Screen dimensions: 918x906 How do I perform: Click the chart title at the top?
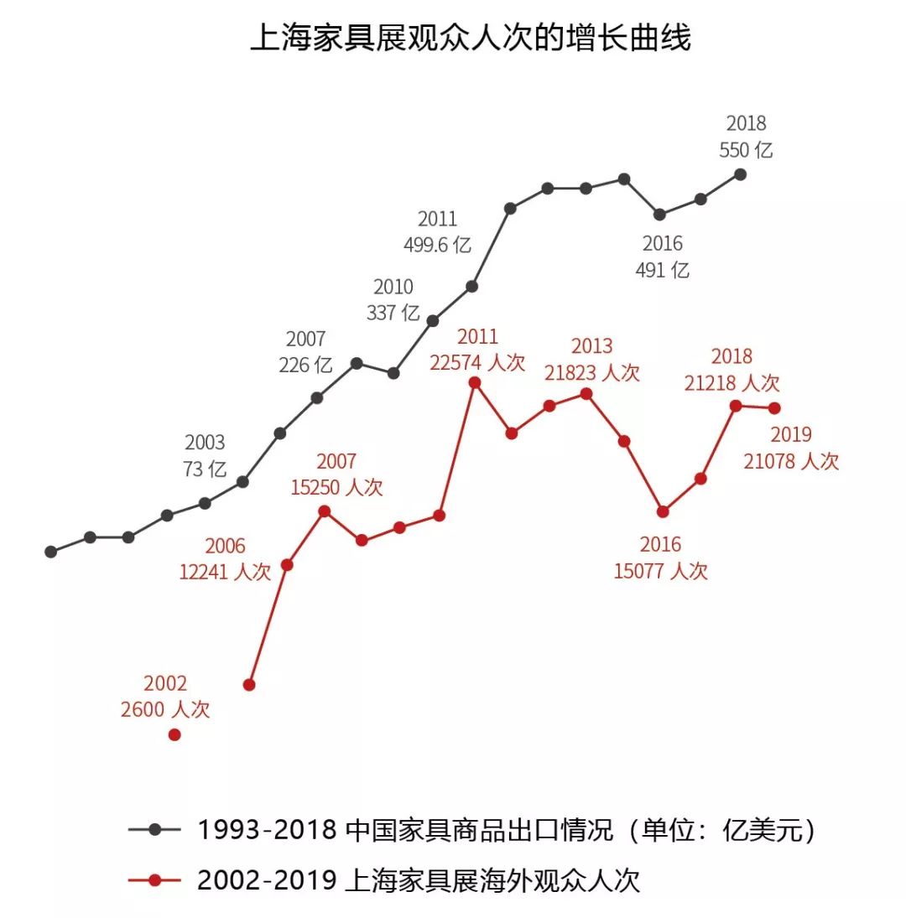(471, 39)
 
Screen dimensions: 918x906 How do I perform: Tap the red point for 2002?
(174, 734)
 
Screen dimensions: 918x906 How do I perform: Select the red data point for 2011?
(475, 382)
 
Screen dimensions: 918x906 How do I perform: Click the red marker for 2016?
(663, 511)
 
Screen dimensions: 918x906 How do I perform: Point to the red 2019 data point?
(774, 408)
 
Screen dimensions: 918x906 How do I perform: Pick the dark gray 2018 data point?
(740, 174)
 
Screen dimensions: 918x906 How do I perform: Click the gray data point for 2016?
(660, 215)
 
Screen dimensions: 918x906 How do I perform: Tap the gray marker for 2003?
(242, 481)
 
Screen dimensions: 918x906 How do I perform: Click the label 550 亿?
(746, 151)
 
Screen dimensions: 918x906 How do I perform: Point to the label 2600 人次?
(165, 710)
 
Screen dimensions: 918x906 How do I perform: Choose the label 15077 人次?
(661, 571)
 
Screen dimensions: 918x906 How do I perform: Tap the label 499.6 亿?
(437, 246)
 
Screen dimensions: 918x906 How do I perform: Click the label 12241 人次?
(225, 573)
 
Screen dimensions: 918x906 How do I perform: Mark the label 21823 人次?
(591, 372)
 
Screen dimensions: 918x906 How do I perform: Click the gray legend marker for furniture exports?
(154, 830)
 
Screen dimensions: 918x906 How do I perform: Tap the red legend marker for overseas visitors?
(154, 879)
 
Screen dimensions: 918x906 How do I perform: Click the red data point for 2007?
(324, 511)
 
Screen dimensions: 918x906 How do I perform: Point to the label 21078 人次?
(791, 461)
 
